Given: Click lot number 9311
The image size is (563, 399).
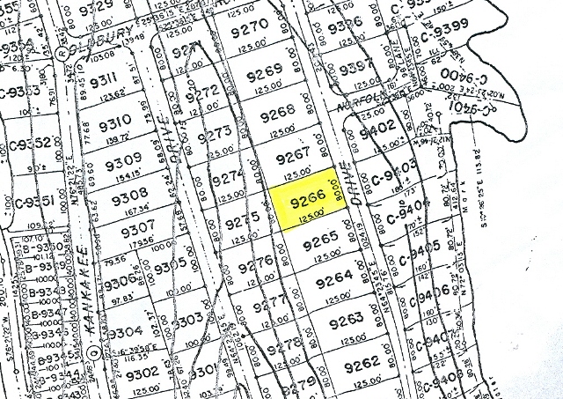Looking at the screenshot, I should (x=104, y=83).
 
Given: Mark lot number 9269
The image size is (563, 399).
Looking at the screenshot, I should (x=264, y=70).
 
